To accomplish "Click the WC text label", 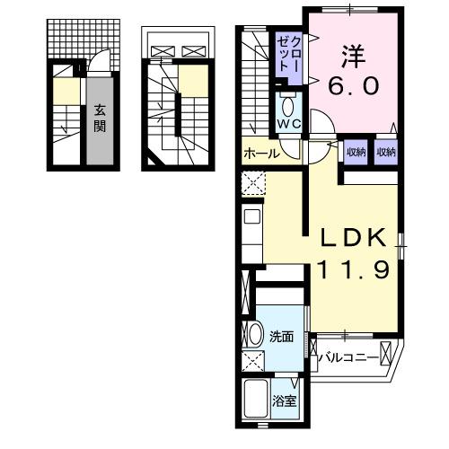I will coord(288,122).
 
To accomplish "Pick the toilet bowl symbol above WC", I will coord(288,101).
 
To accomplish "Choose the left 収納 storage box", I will coord(357,152).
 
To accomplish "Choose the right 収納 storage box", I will coord(385,152).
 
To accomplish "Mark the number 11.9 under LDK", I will coord(352,269).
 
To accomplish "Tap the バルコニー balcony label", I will coord(349,358).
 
